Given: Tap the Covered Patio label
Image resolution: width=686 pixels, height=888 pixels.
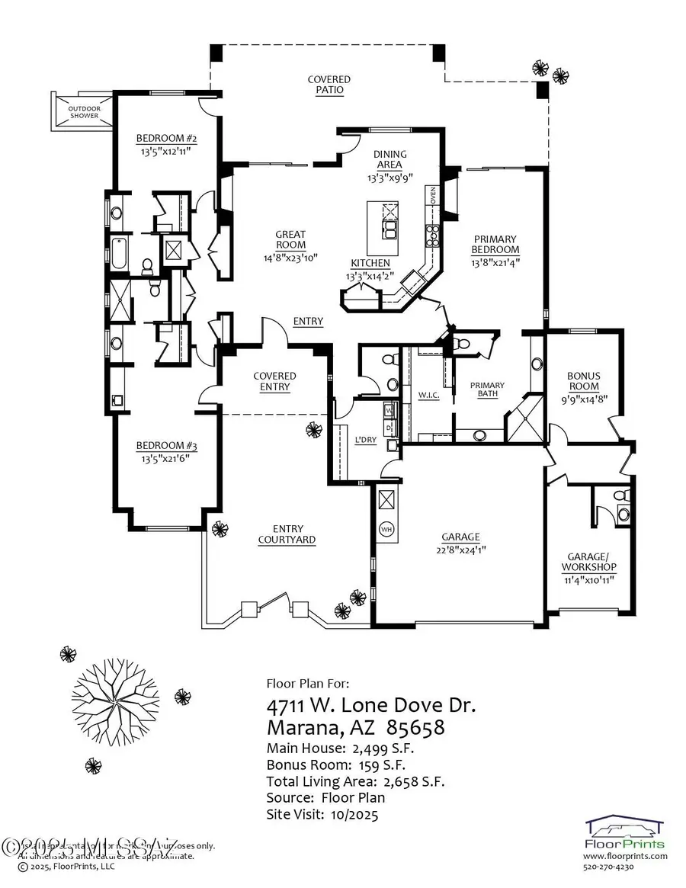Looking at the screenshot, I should pos(329,85).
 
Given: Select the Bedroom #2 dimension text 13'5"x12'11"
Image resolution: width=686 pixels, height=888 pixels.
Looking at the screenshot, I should pos(165,151).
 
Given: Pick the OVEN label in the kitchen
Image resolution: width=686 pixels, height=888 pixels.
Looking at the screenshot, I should pos(431,197).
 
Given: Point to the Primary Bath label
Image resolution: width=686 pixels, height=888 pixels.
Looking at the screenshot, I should pos(488,390).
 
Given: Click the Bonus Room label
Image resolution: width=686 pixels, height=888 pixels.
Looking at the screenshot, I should pos(584,380).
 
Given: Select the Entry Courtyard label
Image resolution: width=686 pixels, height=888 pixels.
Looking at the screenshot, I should pos(287,534).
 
